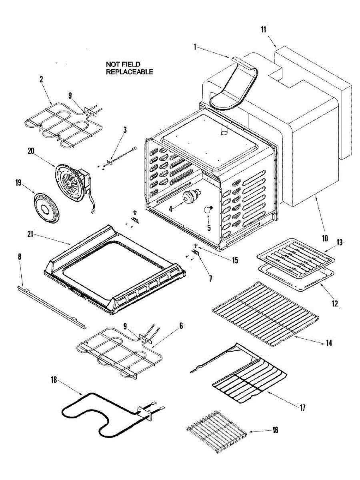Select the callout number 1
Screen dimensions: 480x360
coord(195,47)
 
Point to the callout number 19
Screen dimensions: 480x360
coord(18,182)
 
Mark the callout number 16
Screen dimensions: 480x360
coord(275,430)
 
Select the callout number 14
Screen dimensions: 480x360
coord(329,343)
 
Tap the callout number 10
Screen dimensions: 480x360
coord(324,238)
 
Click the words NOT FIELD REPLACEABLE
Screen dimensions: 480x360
coord(129,68)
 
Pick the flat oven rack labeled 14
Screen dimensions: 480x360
coord(264,312)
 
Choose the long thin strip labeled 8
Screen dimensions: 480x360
coord(52,306)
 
